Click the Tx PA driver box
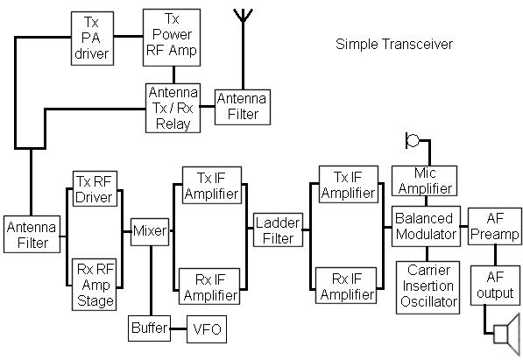(92, 39)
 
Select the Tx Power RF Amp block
(172, 38)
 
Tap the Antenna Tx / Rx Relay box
(173, 108)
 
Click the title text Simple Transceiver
(394, 45)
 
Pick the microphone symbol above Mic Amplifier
(413, 140)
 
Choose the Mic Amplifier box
(424, 180)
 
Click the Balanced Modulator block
(426, 226)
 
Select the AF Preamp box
(495, 226)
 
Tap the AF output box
(495, 286)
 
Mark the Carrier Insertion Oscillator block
(428, 287)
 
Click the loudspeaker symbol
(507, 335)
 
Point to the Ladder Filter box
(279, 229)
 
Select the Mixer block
(150, 232)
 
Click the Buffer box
(150, 328)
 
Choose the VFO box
(207, 329)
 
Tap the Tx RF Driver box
(95, 189)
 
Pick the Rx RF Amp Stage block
(94, 285)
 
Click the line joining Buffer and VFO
(179, 329)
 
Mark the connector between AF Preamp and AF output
(495, 255)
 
